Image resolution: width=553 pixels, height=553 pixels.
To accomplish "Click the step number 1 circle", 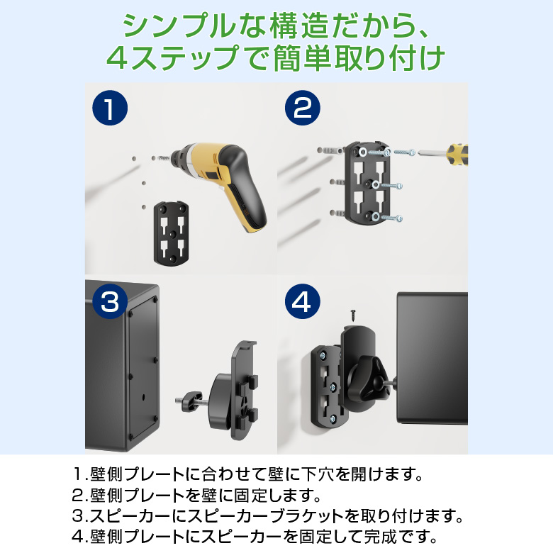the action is coord(110,108).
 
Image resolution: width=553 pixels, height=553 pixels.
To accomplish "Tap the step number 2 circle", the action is coord(302,108).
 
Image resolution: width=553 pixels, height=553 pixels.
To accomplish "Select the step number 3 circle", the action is coord(110,301).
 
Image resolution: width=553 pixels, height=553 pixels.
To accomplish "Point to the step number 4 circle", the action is coord(302,301).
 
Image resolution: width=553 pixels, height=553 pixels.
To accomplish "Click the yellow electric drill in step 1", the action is coord(222,180).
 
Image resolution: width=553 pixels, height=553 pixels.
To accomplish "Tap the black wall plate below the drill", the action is coord(171,233).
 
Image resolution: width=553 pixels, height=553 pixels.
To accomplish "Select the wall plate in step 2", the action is coord(367,183).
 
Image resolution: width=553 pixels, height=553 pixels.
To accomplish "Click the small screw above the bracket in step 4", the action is coord(353,315).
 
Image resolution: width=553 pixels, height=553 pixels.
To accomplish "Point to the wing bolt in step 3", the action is coord(190,401).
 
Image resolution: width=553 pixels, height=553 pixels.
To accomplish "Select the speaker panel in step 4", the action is coord(432,357).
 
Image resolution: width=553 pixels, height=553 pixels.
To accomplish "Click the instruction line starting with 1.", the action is coord(247,474).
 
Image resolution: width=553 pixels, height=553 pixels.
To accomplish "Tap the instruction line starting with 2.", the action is coord(196,495).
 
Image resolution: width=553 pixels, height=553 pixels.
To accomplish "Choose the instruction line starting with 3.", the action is coord(267,516).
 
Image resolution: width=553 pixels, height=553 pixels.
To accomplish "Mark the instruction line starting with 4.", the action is coord(255,537).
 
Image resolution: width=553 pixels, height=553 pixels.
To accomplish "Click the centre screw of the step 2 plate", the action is coord(375,184).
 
